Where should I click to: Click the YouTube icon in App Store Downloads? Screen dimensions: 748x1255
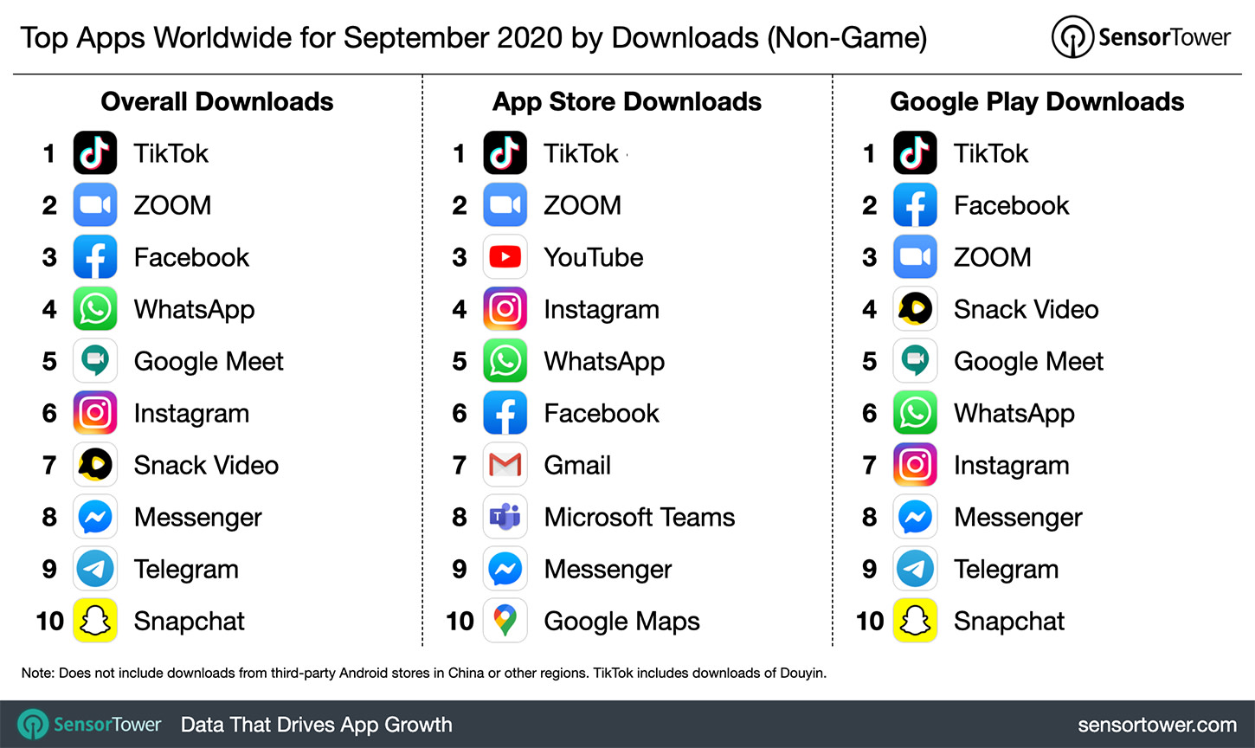point(505,257)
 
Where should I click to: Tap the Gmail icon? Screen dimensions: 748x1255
point(505,465)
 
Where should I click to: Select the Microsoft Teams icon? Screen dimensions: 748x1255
point(505,517)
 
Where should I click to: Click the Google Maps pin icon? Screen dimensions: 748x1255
point(505,621)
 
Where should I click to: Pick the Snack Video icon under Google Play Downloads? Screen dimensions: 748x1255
point(915,309)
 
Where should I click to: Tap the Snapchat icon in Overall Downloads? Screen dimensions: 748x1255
point(95,621)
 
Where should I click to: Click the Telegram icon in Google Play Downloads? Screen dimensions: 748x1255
point(915,569)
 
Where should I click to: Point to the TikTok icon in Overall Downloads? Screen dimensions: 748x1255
point(95,153)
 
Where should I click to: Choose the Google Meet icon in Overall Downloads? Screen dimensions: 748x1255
point(95,361)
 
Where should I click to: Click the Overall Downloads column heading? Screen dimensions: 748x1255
point(217,102)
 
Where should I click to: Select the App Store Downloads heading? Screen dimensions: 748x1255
point(627,102)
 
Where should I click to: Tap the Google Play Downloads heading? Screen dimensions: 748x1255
point(1037,102)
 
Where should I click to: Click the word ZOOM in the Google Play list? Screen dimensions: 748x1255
point(992,257)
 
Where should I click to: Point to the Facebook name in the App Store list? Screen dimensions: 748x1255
point(602,413)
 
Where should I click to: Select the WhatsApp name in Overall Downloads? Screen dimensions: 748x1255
point(194,310)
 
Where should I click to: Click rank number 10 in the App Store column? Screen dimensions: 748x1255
point(460,621)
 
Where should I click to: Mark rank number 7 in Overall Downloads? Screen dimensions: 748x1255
point(49,465)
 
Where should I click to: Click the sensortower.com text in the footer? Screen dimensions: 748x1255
point(1156,725)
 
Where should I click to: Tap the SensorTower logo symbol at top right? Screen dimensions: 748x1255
point(1072,37)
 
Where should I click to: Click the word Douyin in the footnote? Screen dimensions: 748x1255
point(801,673)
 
